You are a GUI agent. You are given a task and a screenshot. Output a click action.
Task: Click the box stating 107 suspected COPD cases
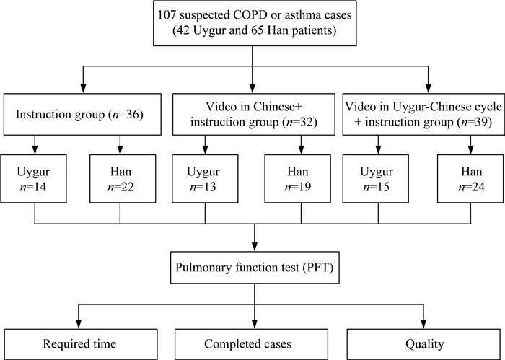coord(255,23)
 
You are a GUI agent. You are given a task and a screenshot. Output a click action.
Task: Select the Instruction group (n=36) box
coord(82,114)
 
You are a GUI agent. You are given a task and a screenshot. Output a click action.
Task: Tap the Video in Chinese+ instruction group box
coord(254,114)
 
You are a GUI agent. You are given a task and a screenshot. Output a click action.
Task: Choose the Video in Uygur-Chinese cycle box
coord(423,114)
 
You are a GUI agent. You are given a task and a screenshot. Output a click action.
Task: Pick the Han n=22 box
coord(123,179)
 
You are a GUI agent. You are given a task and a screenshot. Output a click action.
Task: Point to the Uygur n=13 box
coord(205,179)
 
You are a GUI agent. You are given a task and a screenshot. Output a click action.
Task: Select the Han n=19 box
coord(297,179)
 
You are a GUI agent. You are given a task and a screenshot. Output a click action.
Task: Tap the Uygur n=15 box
coord(376,179)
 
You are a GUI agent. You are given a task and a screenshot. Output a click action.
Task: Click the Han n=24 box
coord(470,179)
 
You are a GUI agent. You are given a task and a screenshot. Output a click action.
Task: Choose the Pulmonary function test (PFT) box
coord(255,268)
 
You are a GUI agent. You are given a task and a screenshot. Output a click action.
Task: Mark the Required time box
coord(81,344)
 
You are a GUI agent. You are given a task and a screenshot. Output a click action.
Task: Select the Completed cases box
coord(251,344)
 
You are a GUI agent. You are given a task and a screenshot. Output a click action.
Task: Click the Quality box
coord(424,344)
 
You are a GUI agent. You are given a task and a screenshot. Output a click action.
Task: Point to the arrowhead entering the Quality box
coord(424,324)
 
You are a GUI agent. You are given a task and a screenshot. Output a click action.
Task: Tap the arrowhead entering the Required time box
coord(78,324)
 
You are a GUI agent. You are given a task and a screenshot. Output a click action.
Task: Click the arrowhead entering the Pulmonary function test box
coord(255,247)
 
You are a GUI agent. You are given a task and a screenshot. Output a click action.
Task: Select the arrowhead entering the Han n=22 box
coord(120,150)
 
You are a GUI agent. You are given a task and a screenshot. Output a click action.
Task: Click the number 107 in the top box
coord(166,15)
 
